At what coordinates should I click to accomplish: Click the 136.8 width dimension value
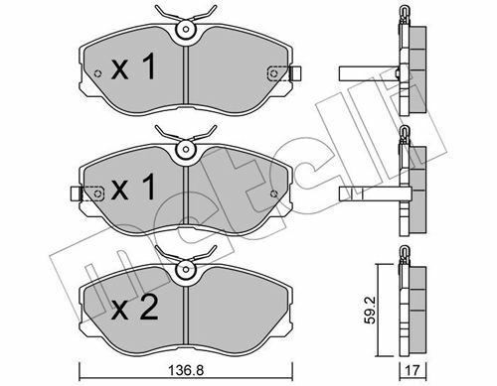(186, 370)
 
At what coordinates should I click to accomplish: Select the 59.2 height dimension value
(370, 310)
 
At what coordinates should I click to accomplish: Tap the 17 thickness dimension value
(413, 370)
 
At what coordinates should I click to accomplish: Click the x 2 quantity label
(134, 310)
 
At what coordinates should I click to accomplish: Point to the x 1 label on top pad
(133, 67)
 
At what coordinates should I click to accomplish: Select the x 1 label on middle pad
(133, 188)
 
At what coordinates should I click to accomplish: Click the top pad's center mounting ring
(186, 29)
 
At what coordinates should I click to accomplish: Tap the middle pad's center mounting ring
(186, 149)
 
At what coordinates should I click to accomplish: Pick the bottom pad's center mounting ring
(186, 269)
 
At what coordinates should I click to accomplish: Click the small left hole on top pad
(97, 73)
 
